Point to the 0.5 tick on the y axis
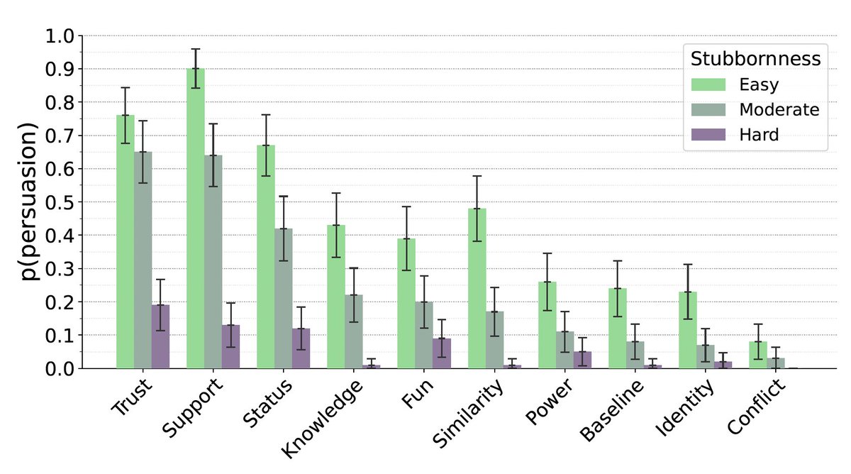[x=62, y=202]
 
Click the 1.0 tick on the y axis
[x=62, y=35]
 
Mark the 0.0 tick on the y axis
[x=62, y=368]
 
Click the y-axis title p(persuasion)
[x=28, y=202]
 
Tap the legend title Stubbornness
[x=756, y=58]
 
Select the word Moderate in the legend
[x=779, y=109]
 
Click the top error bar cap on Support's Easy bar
[x=196, y=49]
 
